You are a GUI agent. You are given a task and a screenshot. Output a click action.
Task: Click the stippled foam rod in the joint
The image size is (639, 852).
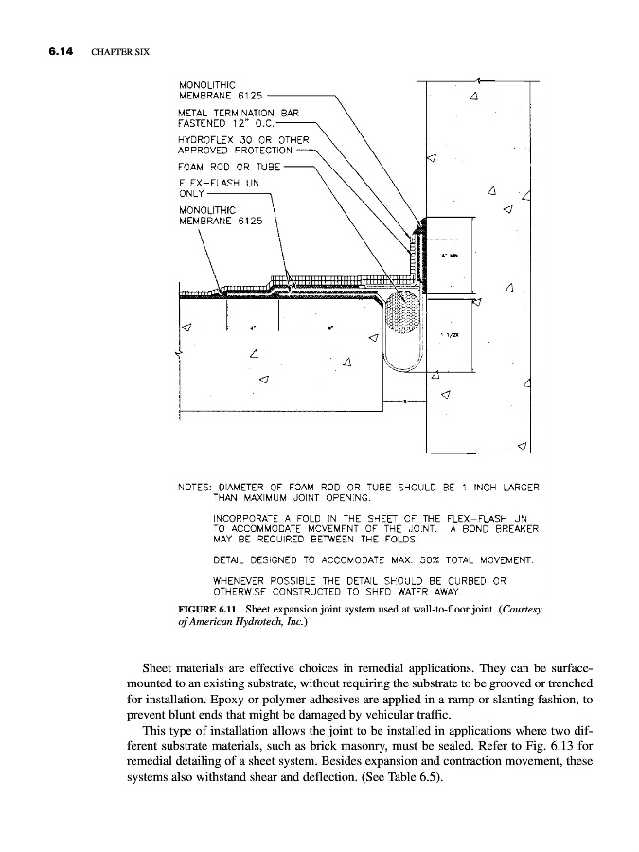click(x=405, y=318)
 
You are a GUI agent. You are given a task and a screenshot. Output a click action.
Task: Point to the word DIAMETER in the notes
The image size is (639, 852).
click(x=246, y=488)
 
